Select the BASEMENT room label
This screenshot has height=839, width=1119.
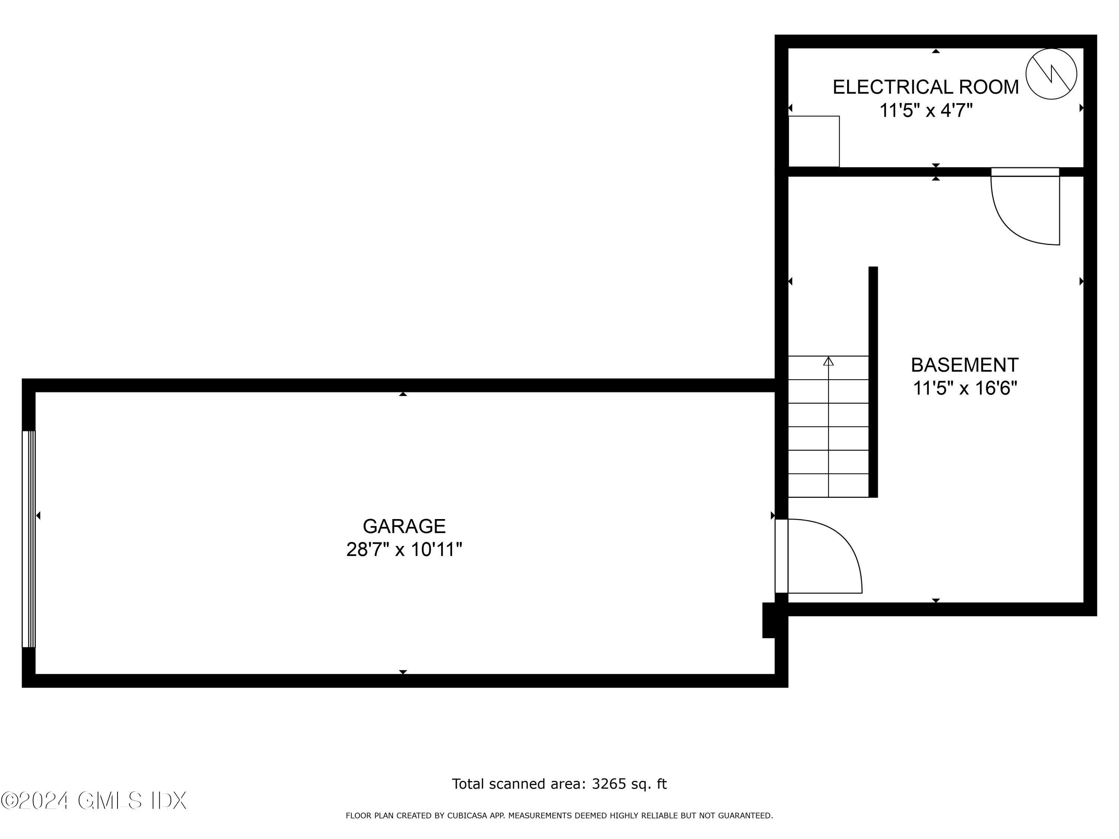coord(964,365)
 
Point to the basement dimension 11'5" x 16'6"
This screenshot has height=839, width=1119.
coord(964,388)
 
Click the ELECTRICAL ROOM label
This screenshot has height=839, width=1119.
coord(925,87)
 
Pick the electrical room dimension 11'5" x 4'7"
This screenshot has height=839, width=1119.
coord(925,110)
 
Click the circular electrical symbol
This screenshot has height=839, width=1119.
coord(1051,74)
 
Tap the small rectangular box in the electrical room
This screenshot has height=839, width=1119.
coord(814,141)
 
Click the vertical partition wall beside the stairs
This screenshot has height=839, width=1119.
coord(873,382)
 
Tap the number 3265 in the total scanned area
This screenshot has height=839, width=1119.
coord(609,784)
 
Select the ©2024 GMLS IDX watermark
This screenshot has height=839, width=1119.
coord(94,801)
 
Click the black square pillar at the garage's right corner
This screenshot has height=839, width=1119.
coord(769,620)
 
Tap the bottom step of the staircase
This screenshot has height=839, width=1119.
coord(828,486)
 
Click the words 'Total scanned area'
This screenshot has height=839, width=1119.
coord(518,784)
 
